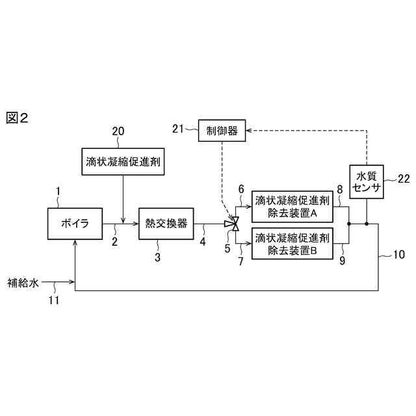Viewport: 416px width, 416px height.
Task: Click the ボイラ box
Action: [x=75, y=224]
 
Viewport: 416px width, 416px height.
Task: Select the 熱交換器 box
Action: [x=166, y=224]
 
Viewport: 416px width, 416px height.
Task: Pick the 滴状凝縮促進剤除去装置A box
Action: [x=294, y=206]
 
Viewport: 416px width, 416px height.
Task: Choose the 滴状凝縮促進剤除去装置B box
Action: [x=294, y=244]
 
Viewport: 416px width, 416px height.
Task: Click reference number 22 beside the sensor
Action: [x=403, y=178]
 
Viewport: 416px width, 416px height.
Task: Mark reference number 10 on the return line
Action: [x=398, y=255]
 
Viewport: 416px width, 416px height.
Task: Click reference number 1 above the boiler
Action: [x=58, y=191]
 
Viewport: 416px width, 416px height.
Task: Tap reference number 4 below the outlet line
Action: [x=202, y=242]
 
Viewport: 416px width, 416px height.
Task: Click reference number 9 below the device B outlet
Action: [x=343, y=261]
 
